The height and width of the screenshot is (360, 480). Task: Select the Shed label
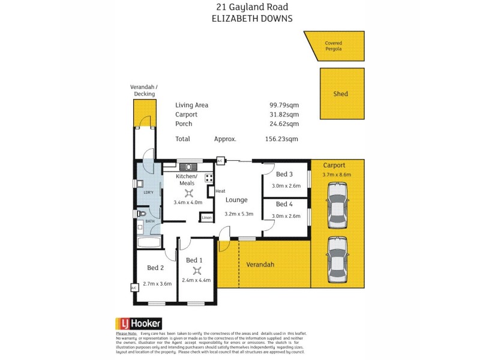(x=340, y=94)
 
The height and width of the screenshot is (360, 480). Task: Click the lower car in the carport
(x=337, y=257)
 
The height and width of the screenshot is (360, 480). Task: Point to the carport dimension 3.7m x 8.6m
(x=337, y=175)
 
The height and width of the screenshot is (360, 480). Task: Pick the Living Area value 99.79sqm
(x=284, y=104)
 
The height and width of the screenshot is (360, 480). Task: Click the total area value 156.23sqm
(x=282, y=139)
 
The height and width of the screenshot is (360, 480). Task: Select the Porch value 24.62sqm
(x=284, y=124)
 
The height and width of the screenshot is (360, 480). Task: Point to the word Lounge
(x=236, y=200)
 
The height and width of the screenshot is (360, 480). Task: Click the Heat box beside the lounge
(x=212, y=191)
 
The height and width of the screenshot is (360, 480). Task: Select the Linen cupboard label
(x=206, y=217)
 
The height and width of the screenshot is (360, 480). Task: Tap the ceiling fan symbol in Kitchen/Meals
(x=188, y=193)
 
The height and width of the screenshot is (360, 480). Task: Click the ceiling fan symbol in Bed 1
(x=194, y=271)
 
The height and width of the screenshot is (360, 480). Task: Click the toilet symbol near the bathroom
(x=141, y=213)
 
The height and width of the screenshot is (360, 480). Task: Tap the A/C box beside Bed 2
(x=134, y=288)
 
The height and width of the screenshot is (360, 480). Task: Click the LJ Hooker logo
(x=137, y=323)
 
